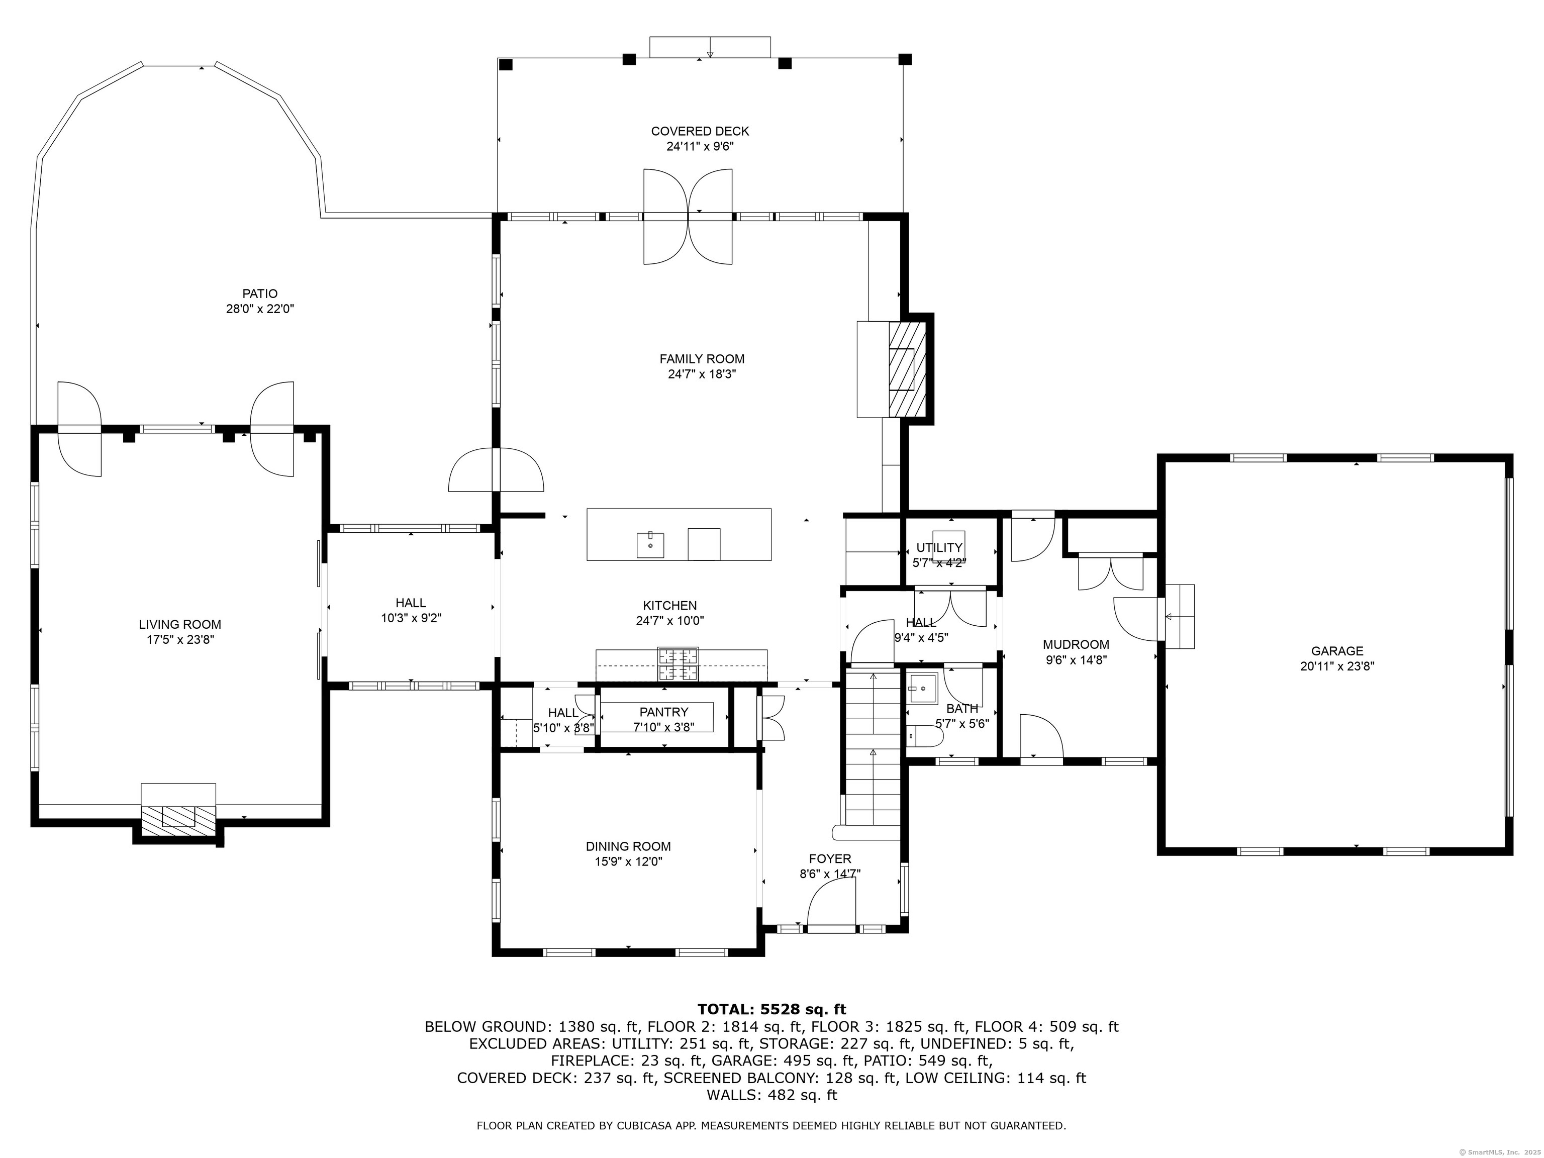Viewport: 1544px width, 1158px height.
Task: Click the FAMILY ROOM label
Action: click(702, 359)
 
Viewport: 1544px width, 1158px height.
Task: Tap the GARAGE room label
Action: click(1337, 651)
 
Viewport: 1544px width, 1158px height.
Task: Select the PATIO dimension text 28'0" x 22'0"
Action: click(260, 309)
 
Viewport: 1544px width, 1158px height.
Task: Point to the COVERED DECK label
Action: click(700, 131)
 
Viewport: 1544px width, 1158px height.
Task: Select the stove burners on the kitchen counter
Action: click(679, 664)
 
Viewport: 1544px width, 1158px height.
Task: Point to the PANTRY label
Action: click(664, 712)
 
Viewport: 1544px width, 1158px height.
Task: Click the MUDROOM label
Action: click(1076, 644)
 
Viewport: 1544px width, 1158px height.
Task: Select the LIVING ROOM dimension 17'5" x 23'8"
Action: click(180, 639)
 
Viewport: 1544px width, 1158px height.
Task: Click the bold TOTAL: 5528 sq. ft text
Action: click(771, 1009)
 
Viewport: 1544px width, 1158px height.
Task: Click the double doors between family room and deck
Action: click(688, 217)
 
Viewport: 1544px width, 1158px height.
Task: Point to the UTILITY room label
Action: click(939, 548)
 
